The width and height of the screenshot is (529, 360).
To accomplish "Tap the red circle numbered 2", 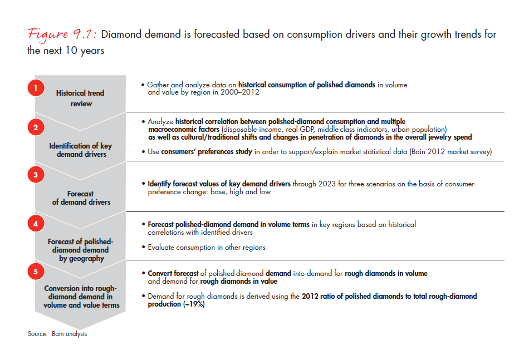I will [35, 127].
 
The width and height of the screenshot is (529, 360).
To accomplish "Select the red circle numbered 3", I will [35, 175].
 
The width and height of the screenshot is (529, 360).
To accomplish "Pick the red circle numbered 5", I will [35, 272].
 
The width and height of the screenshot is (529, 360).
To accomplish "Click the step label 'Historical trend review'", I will [80, 98].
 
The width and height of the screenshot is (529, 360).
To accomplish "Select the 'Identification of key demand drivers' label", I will [80, 150].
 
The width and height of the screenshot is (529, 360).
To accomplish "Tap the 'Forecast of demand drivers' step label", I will [80, 198].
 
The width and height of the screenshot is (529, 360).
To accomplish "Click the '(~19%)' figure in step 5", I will [194, 305].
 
